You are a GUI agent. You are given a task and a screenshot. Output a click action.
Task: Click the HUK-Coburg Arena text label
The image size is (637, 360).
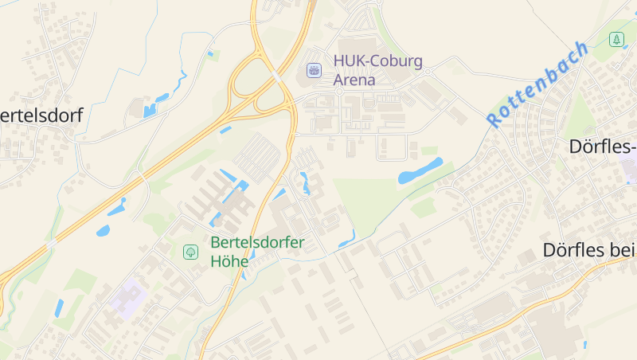coord(377,70)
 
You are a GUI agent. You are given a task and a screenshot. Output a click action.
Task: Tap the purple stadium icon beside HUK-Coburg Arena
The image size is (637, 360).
coord(315,71)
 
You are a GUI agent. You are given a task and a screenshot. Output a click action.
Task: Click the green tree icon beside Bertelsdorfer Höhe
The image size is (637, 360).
coord(190,252)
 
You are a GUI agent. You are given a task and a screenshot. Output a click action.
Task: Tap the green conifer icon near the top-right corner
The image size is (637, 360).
coord(616,39)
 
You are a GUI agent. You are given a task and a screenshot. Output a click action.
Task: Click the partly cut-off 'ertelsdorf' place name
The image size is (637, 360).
coord(41,115)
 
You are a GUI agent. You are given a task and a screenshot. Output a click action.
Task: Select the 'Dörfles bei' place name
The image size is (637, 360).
coord(589,249)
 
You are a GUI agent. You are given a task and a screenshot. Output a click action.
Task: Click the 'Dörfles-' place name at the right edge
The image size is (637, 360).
coord(603,147)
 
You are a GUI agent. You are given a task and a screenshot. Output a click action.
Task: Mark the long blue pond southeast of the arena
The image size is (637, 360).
coord(420,170)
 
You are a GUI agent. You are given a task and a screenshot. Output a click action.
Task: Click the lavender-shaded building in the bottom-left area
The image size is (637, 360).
coord(127,297)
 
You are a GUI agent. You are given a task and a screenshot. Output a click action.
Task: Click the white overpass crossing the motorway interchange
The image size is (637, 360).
coord(276,76)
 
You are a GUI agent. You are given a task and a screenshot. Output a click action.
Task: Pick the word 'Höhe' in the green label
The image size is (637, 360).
coord(229,261)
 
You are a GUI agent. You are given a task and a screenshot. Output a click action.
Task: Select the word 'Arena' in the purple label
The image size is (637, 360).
coord(354,80)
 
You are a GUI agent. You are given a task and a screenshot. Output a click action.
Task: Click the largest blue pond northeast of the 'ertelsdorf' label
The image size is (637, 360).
coord(151,108)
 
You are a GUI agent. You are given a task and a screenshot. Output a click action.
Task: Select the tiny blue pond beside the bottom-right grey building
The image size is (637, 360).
coord(584,344)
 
